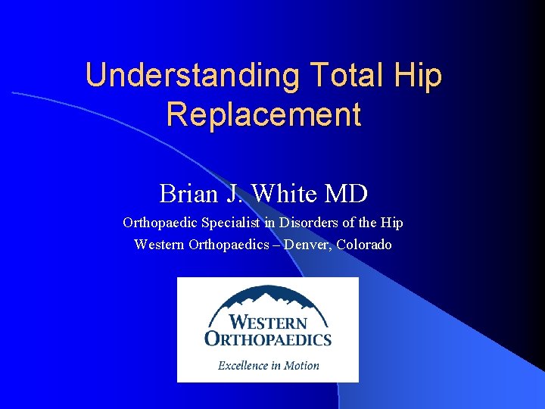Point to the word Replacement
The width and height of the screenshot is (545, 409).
tap(263, 114)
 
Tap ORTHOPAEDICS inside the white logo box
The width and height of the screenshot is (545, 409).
tap(268, 337)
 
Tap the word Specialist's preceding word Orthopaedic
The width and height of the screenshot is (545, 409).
tap(161, 223)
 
